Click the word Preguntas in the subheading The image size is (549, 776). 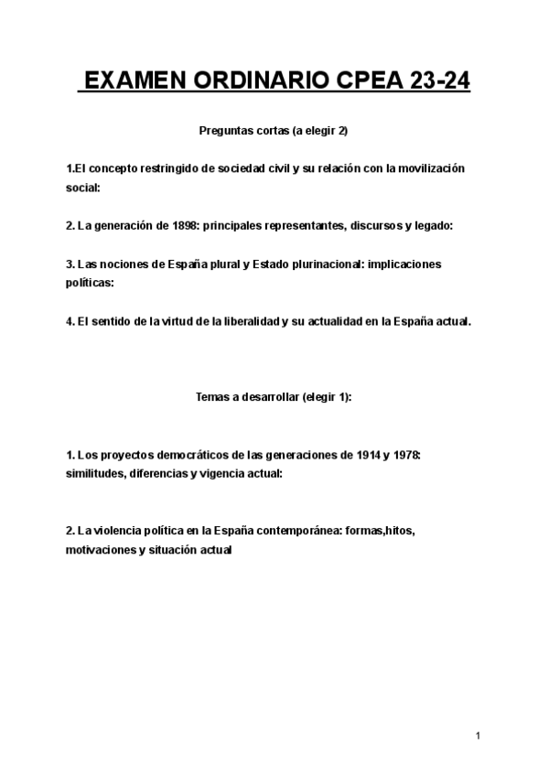(x=225, y=131)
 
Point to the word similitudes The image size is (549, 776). (x=95, y=473)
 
